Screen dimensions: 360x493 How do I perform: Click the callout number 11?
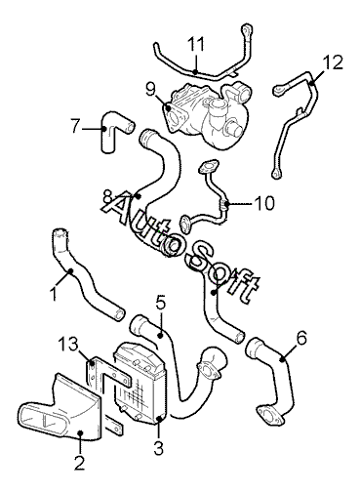coord(196,45)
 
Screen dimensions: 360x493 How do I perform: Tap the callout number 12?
coord(333,62)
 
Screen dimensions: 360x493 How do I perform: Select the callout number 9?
coord(150,89)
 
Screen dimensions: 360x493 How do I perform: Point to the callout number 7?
coord(75,126)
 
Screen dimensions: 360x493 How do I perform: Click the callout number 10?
coord(264,203)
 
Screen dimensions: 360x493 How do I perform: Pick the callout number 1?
coord(54,293)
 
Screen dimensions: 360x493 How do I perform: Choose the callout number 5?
coord(161,303)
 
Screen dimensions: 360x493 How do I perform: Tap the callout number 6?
coord(301,339)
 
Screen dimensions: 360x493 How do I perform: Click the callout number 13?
coord(68,345)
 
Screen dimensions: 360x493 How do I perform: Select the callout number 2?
coord(79,462)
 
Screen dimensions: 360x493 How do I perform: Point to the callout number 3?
coord(158,447)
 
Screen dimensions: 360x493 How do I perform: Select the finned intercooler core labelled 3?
coord(140,384)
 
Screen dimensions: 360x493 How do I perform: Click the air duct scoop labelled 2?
coord(61,410)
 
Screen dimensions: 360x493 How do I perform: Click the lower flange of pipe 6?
coord(269,416)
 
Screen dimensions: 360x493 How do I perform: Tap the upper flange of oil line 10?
coord(208,166)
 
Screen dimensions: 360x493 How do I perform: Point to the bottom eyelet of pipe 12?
coord(276,174)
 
